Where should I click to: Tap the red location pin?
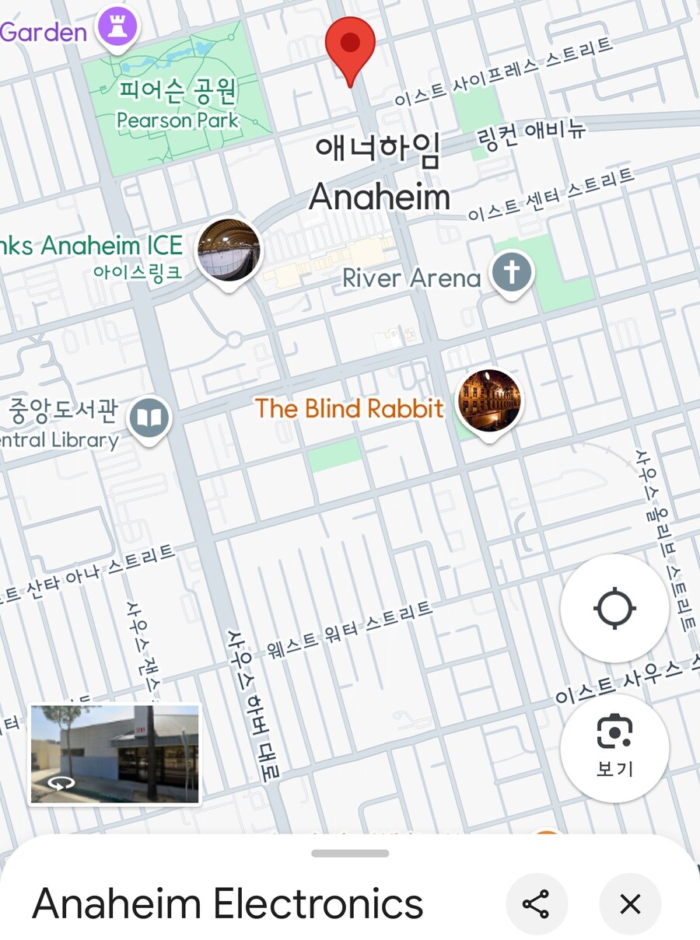click(x=350, y=45)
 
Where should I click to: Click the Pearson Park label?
click(x=177, y=121)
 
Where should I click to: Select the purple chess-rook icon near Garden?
click(x=117, y=27)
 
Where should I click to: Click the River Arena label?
click(x=411, y=278)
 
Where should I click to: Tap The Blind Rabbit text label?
click(x=349, y=408)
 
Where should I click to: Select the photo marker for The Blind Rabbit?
click(x=488, y=401)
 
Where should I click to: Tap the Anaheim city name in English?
click(x=380, y=197)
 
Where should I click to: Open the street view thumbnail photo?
click(x=115, y=753)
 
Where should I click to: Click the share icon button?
click(x=536, y=904)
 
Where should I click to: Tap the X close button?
click(x=630, y=904)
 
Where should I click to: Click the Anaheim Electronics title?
click(x=228, y=904)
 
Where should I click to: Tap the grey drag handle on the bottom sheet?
click(x=350, y=853)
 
